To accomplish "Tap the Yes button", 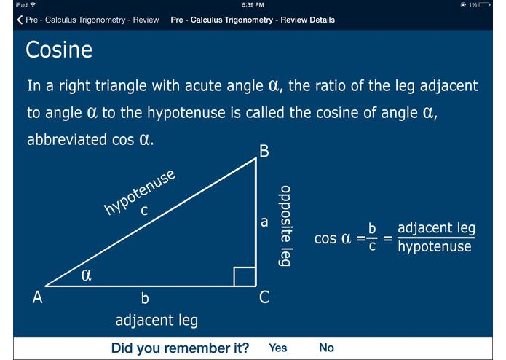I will pos(277,348).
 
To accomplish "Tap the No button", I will pos(326,348).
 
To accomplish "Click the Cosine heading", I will pos(59,50).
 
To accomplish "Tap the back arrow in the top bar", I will pos(20,20).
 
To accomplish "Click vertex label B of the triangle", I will pos(264,152).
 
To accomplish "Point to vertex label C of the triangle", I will pos(264,297).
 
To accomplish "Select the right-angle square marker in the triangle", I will pos(244,276).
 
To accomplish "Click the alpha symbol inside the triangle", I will pos(86,275).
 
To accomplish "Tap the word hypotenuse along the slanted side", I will pos(140,192).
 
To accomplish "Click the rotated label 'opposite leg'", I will pos(285,225).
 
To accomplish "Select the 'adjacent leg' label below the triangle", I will pos(157,320).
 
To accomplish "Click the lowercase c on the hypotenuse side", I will pos(144,211).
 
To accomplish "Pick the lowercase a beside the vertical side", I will pos(264,222).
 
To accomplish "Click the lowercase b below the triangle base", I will pos(145,297).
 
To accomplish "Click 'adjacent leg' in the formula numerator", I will pos(436,228).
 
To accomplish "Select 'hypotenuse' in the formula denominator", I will pos(436,246).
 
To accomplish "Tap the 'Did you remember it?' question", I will pos(180,348).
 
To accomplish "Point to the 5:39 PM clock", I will pos(253,5).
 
